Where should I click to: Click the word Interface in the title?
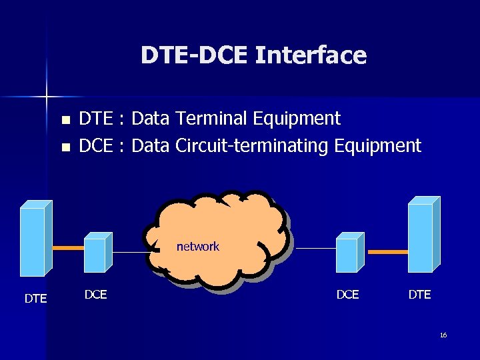coord(311,55)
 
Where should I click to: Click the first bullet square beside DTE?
coord(65,121)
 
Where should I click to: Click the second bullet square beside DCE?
coord(65,147)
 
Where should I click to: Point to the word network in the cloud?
coord(197,247)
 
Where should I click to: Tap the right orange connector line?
coord(387,253)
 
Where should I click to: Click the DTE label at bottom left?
coord(35,299)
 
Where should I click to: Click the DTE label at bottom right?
coord(419,294)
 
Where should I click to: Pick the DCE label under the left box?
coord(96,294)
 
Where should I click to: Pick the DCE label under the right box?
coord(347,294)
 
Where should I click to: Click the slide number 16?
coord(443,335)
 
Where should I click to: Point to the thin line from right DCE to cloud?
coord(315,249)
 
